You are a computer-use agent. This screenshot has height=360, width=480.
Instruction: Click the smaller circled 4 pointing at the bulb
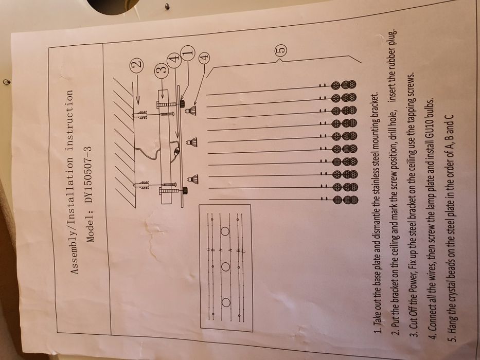(x=204, y=57)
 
